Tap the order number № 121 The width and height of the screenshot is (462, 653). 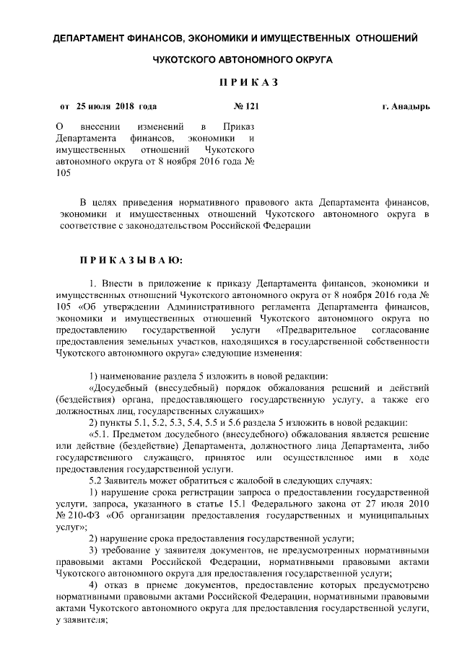(x=247, y=107)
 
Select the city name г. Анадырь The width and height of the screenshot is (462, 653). (x=405, y=107)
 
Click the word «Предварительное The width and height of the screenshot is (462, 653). (x=305, y=330)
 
